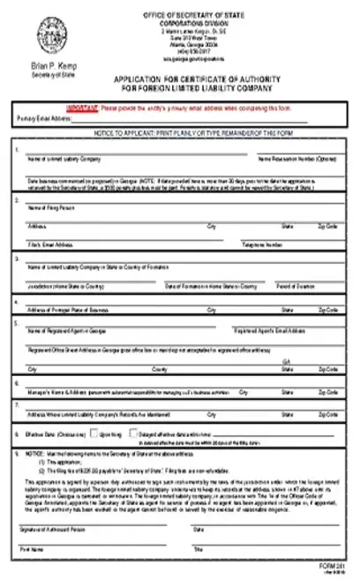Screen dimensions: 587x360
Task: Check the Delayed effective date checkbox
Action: coord(133,433)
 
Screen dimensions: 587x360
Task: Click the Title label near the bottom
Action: coord(199,548)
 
